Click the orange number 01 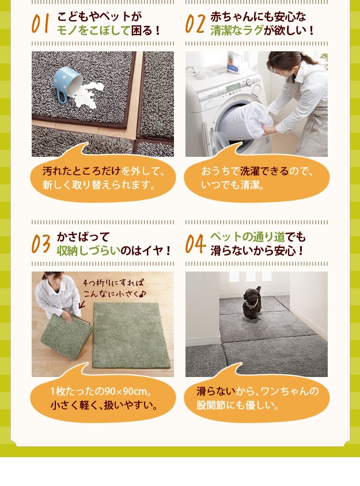(40, 24)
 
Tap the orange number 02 (195, 24)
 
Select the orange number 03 (41, 244)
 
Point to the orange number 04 (195, 244)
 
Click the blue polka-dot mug (67, 84)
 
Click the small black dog (252, 302)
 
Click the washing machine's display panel (233, 88)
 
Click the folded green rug (66, 336)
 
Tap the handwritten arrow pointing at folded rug (82, 304)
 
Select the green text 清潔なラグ (237, 31)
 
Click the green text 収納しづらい (88, 250)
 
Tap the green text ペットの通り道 (248, 237)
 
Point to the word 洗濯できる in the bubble (264, 171)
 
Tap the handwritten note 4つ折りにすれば (113, 282)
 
